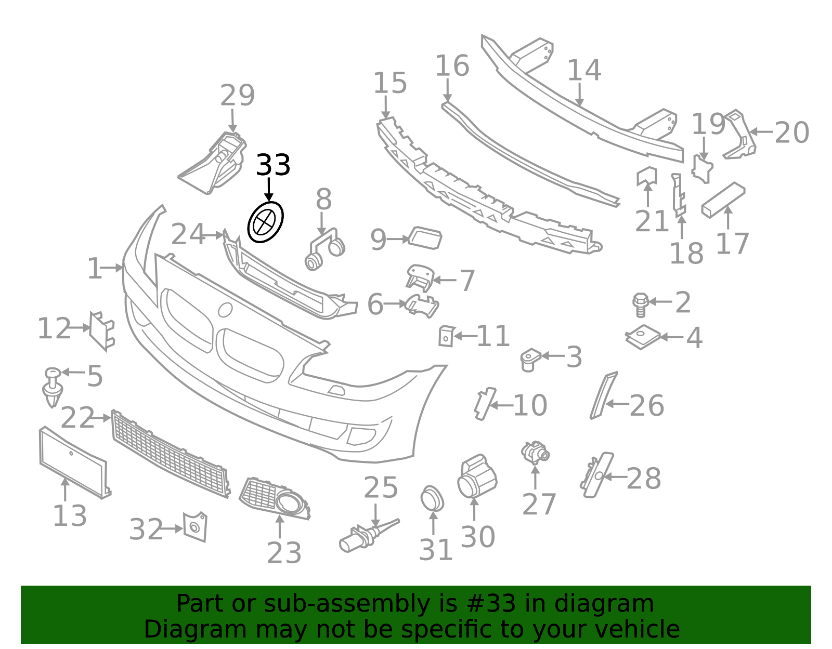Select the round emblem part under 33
(265, 222)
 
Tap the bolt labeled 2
(641, 305)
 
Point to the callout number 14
(584, 70)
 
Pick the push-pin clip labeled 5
(53, 387)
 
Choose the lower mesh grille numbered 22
(171, 454)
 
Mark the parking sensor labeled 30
(477, 476)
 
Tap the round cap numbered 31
(432, 499)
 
